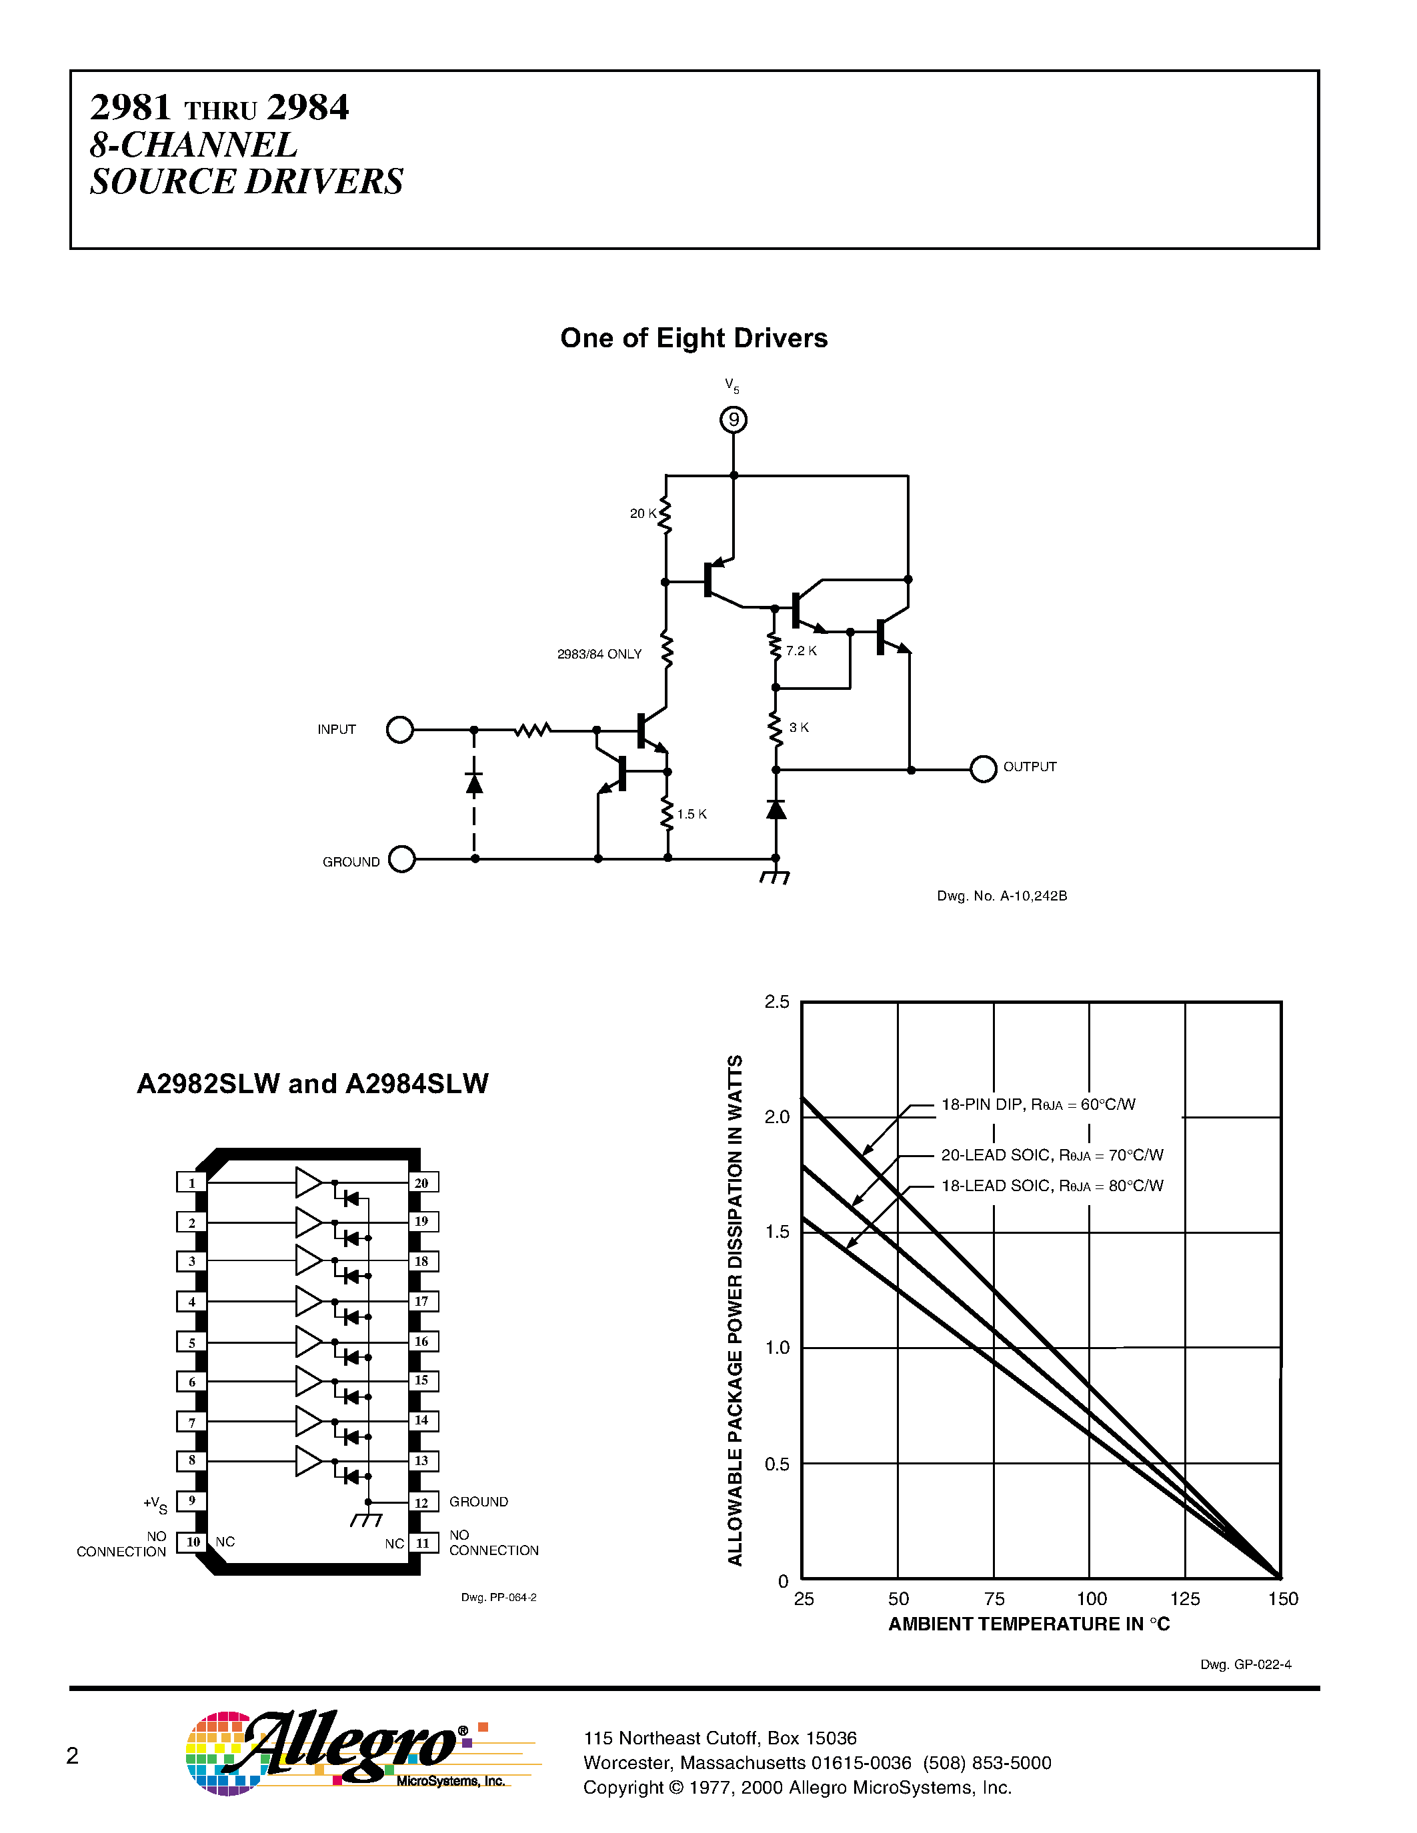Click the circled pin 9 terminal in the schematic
[734, 420]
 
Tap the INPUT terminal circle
[400, 730]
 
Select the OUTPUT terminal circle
[983, 769]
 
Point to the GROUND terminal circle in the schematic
[402, 859]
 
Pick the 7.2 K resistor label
[801, 651]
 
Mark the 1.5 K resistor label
[691, 814]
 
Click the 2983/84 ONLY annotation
[599, 655]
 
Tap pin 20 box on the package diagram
[422, 1182]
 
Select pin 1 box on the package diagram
[191, 1182]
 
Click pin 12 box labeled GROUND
[422, 1502]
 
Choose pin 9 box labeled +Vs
[191, 1500]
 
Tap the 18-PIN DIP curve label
[1038, 1104]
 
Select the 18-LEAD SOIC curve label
[1052, 1186]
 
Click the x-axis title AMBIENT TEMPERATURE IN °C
[1029, 1624]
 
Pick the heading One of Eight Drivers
[693, 338]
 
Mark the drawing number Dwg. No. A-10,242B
[1002, 897]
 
